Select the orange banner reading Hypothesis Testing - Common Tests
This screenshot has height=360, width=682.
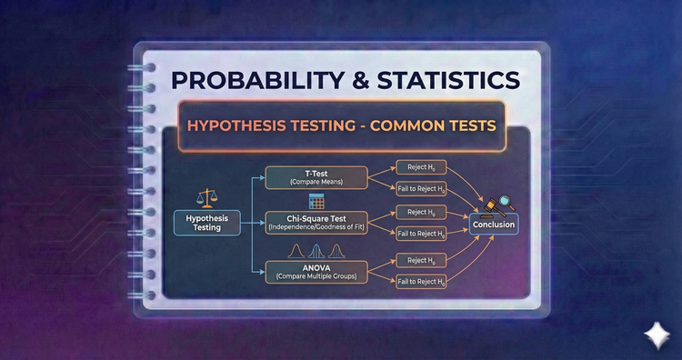pyautogui.click(x=341, y=125)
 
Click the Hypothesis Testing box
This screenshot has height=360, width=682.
pyautogui.click(x=207, y=223)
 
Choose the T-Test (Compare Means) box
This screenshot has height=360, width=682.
pyautogui.click(x=317, y=177)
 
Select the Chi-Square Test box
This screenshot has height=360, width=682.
pyautogui.click(x=317, y=223)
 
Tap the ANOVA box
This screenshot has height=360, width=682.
pyautogui.click(x=317, y=271)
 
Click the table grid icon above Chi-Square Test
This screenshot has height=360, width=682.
pyautogui.click(x=317, y=201)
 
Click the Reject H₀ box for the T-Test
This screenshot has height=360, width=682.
pyautogui.click(x=420, y=167)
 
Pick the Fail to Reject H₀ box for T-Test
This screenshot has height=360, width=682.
pyautogui.click(x=420, y=188)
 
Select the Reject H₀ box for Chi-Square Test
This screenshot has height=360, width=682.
pyautogui.click(x=420, y=213)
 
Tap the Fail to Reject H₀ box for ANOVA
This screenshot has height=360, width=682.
pyautogui.click(x=420, y=281)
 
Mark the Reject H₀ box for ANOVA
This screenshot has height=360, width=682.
pyautogui.click(x=420, y=260)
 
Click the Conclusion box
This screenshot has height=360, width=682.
pyautogui.click(x=494, y=225)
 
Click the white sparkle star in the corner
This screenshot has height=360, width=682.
pyautogui.click(x=652, y=334)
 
